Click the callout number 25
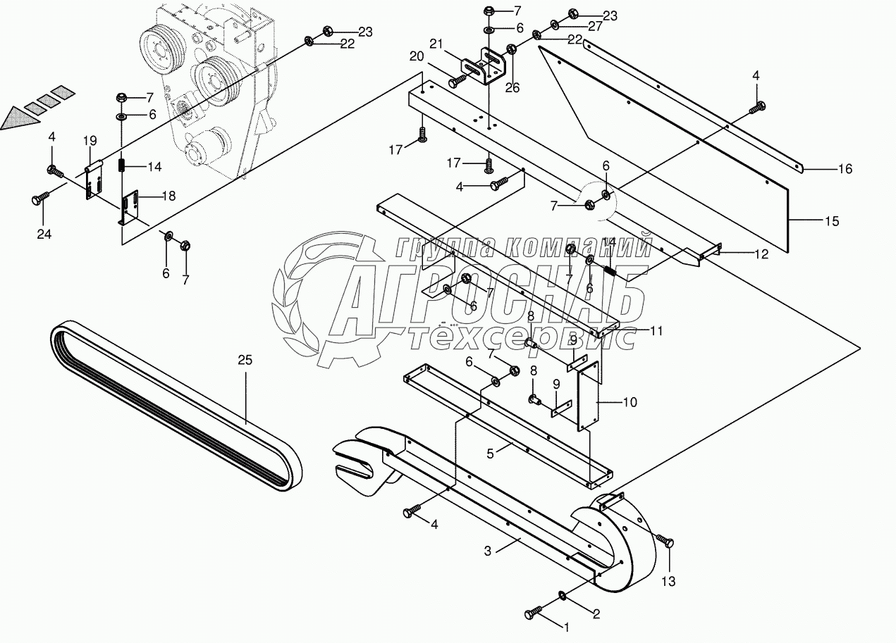pos(244,360)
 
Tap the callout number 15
pos(832,221)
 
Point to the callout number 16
pos(845,169)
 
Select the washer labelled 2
pos(565,597)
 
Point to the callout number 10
pos(630,402)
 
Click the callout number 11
pos(656,330)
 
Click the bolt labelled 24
pos(39,200)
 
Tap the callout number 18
pos(168,196)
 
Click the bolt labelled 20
pos(456,82)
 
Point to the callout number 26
pos(512,88)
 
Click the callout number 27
pos(596,27)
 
